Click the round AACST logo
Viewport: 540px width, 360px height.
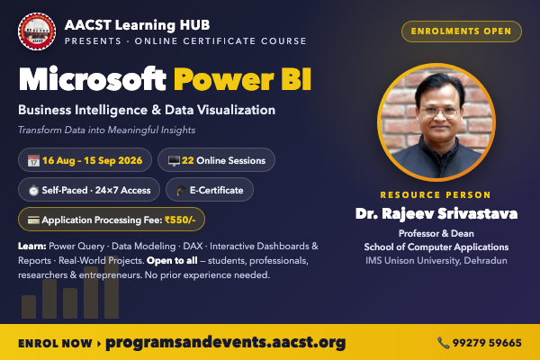[37, 31]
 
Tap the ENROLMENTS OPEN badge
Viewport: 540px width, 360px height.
[462, 31]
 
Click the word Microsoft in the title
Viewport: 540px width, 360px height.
[93, 79]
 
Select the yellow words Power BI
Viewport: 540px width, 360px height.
[242, 79]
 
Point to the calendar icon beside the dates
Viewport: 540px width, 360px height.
[34, 160]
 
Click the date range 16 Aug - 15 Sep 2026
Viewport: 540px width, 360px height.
[93, 160]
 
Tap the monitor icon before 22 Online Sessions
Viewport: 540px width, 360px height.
[174, 160]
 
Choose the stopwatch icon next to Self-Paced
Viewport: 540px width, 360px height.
[33, 190]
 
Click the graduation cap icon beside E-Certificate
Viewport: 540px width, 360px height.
[181, 190]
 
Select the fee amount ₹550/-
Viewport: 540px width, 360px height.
[180, 220]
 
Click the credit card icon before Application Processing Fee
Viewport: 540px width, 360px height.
[33, 220]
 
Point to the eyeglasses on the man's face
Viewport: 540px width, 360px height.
[440, 111]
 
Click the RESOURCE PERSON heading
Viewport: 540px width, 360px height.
[436, 195]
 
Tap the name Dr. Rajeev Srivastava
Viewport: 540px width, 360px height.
[436, 214]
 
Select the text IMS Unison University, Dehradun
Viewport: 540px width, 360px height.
[436, 260]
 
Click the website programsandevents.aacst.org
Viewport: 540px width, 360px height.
[226, 342]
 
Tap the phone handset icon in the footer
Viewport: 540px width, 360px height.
[444, 343]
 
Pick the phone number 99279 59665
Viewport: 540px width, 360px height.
[487, 343]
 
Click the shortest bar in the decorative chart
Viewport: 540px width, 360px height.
[29, 307]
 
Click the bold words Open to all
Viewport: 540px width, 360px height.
[172, 260]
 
